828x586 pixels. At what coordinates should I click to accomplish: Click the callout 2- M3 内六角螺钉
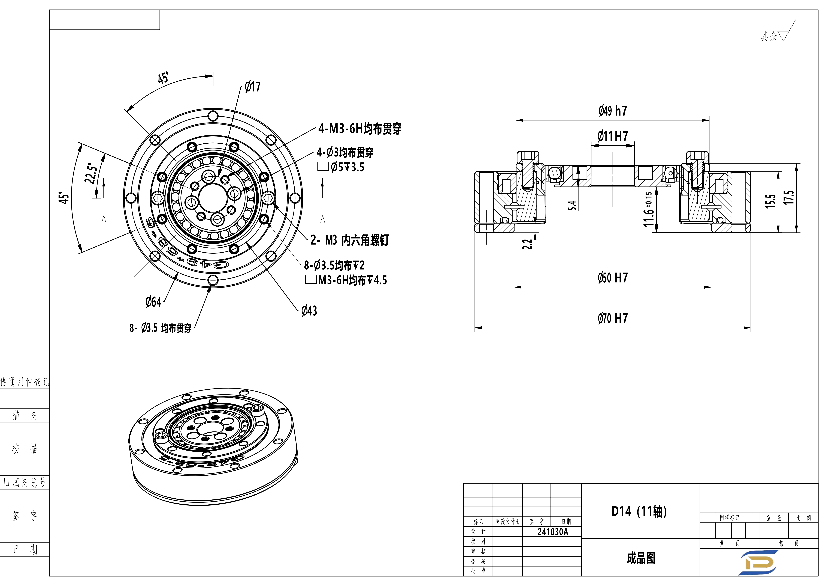349,240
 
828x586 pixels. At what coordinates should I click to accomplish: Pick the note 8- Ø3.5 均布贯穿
161,328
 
